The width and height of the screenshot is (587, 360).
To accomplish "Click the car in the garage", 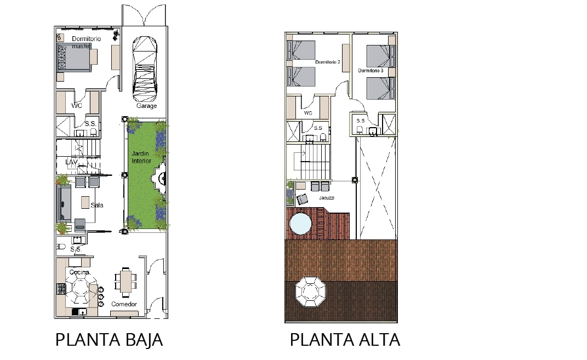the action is pyautogui.click(x=145, y=68).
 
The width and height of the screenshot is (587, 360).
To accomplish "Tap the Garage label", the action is pyautogui.click(x=146, y=106).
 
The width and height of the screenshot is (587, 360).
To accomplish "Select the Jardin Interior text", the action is pyautogui.click(x=141, y=157).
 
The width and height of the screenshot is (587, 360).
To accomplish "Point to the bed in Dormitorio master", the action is pyautogui.click(x=74, y=57).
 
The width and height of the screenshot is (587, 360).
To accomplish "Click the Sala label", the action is pyautogui.click(x=96, y=205).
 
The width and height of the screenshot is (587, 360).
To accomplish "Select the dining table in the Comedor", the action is pyautogui.click(x=126, y=280).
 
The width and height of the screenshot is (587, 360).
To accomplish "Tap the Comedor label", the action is pyautogui.click(x=124, y=304).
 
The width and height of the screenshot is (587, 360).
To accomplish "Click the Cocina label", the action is pyautogui.click(x=79, y=272).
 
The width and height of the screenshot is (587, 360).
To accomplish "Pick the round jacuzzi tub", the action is pyautogui.click(x=300, y=224).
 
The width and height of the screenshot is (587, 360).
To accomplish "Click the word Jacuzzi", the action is pyautogui.click(x=327, y=198).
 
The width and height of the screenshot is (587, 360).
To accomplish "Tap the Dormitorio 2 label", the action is pyautogui.click(x=328, y=62).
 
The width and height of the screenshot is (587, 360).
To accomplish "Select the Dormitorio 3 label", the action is pyautogui.click(x=371, y=70).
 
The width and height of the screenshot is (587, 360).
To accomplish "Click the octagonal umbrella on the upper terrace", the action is pyautogui.click(x=310, y=292).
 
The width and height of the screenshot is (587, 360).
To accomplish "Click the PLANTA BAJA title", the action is pyautogui.click(x=109, y=340).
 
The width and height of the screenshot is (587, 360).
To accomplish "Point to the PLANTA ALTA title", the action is pyautogui.click(x=345, y=340).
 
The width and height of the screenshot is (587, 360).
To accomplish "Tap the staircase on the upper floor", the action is pyautogui.click(x=315, y=162).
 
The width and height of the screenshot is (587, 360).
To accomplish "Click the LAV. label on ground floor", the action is pyautogui.click(x=72, y=162).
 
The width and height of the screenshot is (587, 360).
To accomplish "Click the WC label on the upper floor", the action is pyautogui.click(x=308, y=113).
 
